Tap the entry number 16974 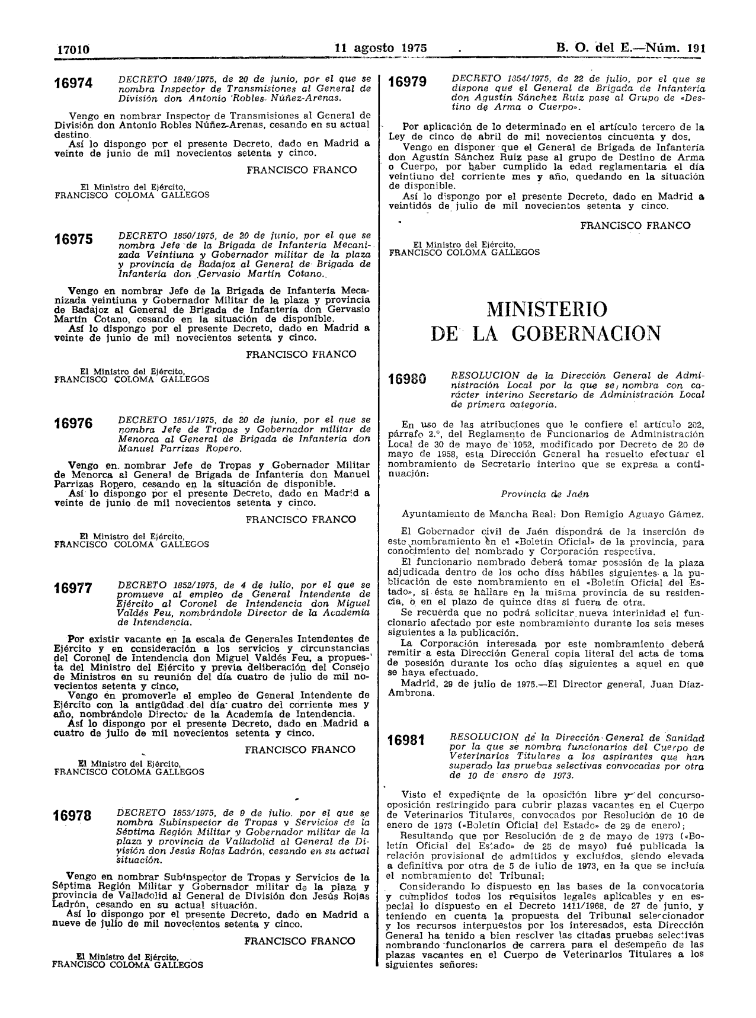73,84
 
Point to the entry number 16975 73,239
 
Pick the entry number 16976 73,424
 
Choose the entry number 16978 73,816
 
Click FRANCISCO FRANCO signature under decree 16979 635,225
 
